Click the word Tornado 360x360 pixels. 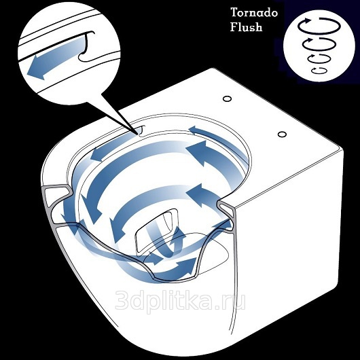point(254,12)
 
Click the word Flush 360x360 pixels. point(246,27)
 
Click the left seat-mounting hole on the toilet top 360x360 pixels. point(228,98)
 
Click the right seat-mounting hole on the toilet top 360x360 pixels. point(282,134)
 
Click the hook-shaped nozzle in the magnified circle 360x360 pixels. point(86,46)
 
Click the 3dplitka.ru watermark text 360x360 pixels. point(180,301)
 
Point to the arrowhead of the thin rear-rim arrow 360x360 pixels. point(195,130)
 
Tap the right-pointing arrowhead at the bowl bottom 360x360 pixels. point(188,266)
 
